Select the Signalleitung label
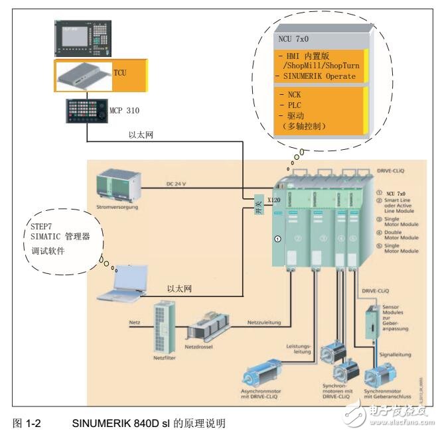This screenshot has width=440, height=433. tap(398, 354)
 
